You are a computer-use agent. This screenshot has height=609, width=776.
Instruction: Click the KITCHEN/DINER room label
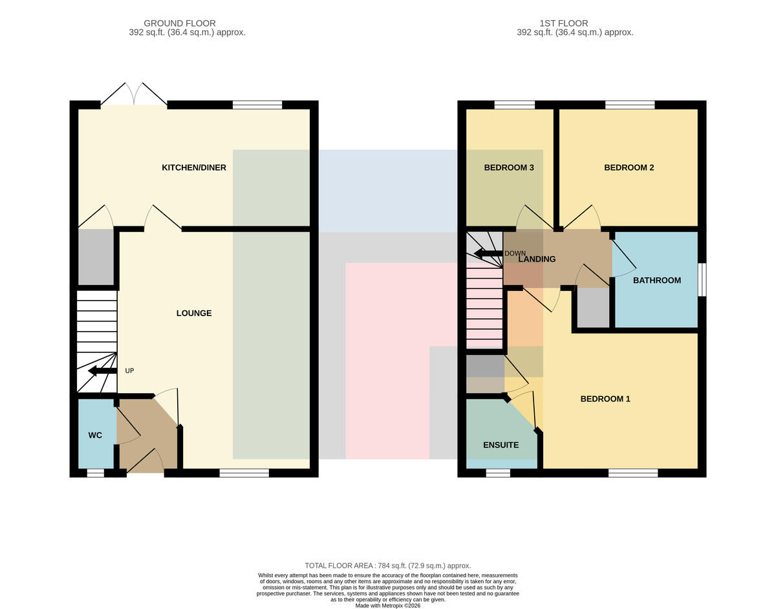[194, 167]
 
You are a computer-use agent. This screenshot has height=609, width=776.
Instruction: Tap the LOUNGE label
[194, 313]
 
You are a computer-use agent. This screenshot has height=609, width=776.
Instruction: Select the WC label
[95, 435]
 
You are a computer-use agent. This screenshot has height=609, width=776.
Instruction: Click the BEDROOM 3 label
[509, 167]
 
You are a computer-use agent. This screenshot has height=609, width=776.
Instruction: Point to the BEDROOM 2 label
[629, 167]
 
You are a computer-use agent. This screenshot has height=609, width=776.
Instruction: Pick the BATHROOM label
[657, 280]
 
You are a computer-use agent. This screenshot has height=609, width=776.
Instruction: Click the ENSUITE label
[501, 445]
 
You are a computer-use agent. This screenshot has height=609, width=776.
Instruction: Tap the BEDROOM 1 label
[605, 399]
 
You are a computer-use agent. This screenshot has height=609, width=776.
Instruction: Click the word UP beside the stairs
[129, 371]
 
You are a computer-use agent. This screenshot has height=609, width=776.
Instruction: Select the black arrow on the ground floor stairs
[102, 371]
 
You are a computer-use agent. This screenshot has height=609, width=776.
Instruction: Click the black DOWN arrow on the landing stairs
[488, 253]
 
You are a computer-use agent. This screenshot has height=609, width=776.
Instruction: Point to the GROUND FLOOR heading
[180, 23]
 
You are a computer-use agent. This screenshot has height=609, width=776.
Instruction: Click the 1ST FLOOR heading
[563, 23]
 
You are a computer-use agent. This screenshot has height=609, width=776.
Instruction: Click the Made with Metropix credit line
[388, 606]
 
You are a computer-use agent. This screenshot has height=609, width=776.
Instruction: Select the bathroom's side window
[702, 279]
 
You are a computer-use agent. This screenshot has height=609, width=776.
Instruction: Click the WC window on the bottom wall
[95, 473]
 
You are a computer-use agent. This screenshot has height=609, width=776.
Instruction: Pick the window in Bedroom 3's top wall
[515, 105]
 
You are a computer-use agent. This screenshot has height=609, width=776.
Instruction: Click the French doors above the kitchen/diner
[134, 94]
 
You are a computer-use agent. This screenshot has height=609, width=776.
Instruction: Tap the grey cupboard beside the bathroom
[593, 308]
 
